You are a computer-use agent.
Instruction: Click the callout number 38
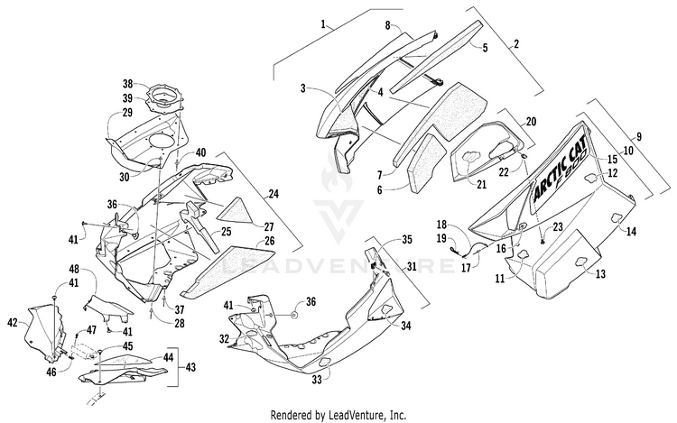pyautogui.click(x=128, y=83)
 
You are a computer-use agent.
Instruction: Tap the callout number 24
pyautogui.click(x=273, y=194)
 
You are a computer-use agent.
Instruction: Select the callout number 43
pyautogui.click(x=190, y=367)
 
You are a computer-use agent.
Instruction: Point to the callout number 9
pyautogui.click(x=639, y=137)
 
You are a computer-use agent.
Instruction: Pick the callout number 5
pyautogui.click(x=485, y=48)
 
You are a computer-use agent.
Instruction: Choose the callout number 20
pyautogui.click(x=531, y=122)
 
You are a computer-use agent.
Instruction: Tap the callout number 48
pyautogui.click(x=74, y=270)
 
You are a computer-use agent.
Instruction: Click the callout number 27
pyautogui.click(x=269, y=226)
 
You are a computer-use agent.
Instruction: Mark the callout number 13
pyautogui.click(x=600, y=273)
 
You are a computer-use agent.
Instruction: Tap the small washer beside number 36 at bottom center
pyautogui.click(x=294, y=316)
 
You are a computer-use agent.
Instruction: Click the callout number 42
pyautogui.click(x=14, y=322)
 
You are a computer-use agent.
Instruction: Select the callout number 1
pyautogui.click(x=323, y=23)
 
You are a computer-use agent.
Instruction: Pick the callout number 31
pyautogui.click(x=412, y=267)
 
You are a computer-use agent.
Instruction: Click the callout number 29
pyautogui.click(x=127, y=113)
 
